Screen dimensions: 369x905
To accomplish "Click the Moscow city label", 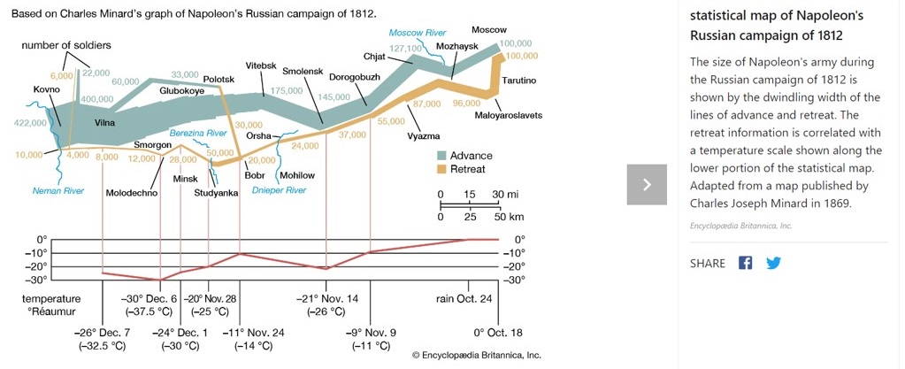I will (513, 30).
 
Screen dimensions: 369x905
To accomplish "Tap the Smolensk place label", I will (303, 70).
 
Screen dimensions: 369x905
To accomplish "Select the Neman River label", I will (58, 190).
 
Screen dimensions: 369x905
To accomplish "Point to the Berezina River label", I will (199, 132).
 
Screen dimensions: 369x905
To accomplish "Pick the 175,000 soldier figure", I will (288, 90).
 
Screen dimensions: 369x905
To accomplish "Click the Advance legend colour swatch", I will (442, 156).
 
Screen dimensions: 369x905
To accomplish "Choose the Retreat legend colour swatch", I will (442, 168).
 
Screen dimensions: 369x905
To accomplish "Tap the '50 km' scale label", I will (509, 217).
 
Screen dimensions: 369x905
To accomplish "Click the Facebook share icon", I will (745, 263).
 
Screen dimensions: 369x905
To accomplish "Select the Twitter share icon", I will (772, 263).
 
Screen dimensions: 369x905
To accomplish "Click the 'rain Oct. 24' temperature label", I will (464, 299).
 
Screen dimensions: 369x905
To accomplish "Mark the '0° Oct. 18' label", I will (498, 333).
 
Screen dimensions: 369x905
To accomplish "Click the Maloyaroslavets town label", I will (508, 115).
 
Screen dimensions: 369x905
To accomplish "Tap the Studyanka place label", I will (216, 192).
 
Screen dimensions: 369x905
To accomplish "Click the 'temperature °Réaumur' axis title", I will (50, 305).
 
